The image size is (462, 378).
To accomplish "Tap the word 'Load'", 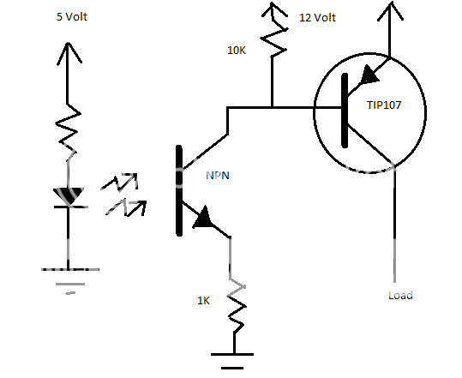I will click(400, 296).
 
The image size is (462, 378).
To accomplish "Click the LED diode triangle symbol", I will click(69, 197).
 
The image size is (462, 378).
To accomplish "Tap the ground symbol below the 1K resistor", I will click(231, 358).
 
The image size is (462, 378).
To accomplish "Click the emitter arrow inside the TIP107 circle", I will click(370, 75).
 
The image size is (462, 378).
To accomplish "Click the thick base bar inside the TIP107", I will click(345, 109).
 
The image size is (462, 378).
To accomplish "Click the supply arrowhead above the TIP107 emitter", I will click(390, 12).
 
